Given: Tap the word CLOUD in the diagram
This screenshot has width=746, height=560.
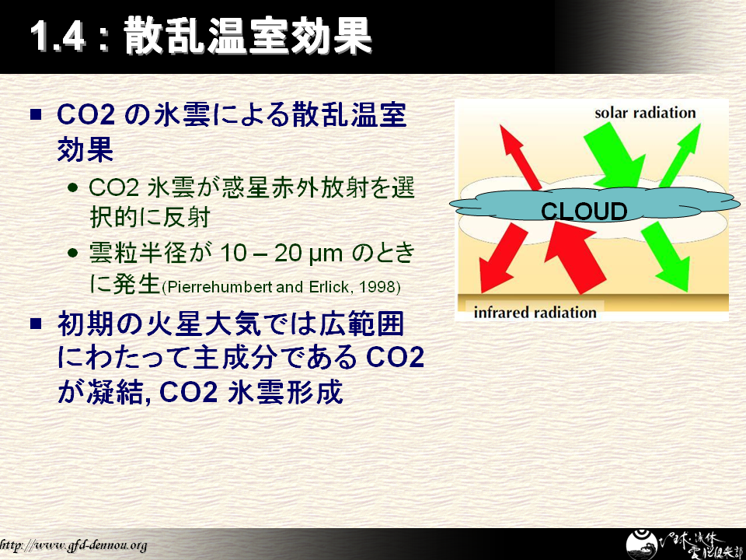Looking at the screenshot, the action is pyautogui.click(x=584, y=212).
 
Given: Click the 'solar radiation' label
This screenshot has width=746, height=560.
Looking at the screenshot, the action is pyautogui.click(x=645, y=113).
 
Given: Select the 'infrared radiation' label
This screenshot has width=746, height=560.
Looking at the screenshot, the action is pyautogui.click(x=535, y=313).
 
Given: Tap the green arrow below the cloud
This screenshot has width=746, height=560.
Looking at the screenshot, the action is pyautogui.click(x=666, y=257).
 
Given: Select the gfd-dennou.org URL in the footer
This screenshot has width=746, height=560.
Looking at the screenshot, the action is pyautogui.click(x=73, y=545).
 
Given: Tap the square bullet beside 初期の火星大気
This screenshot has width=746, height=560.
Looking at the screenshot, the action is pyautogui.click(x=37, y=324).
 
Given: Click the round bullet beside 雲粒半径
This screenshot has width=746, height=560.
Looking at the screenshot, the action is pyautogui.click(x=73, y=253).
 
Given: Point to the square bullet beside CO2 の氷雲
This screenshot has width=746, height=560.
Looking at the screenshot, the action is pyautogui.click(x=37, y=114).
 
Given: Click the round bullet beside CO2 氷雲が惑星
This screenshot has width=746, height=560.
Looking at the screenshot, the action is pyautogui.click(x=73, y=187).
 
